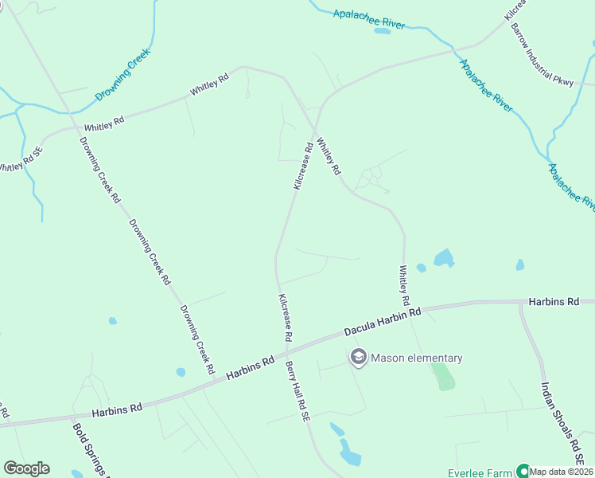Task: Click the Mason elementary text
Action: (x=416, y=358)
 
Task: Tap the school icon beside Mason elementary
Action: (x=358, y=358)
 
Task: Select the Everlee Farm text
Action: (x=480, y=472)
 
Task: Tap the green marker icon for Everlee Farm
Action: (x=523, y=471)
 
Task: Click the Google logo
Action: (x=26, y=468)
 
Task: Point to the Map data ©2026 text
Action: (x=562, y=472)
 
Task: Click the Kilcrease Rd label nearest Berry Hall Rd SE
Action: (x=285, y=317)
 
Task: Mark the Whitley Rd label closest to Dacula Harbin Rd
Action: (x=404, y=286)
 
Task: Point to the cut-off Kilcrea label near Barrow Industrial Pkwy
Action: (x=515, y=10)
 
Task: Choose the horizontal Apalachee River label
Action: (x=369, y=19)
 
